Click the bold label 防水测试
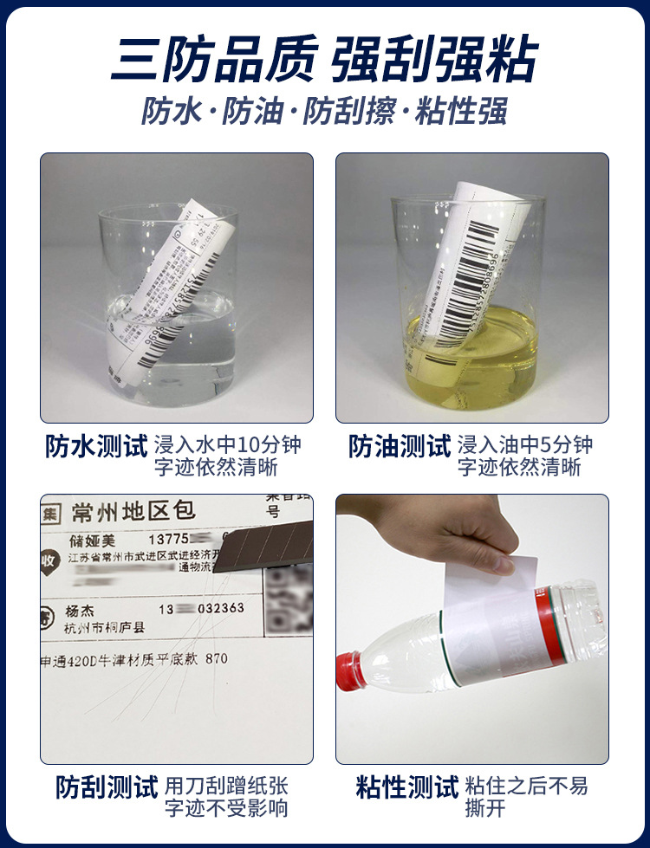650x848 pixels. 96,446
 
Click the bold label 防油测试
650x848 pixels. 400,446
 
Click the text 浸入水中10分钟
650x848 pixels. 228,445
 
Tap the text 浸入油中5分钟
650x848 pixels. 526,445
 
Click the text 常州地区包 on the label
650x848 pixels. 134,511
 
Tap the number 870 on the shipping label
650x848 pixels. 217,659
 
